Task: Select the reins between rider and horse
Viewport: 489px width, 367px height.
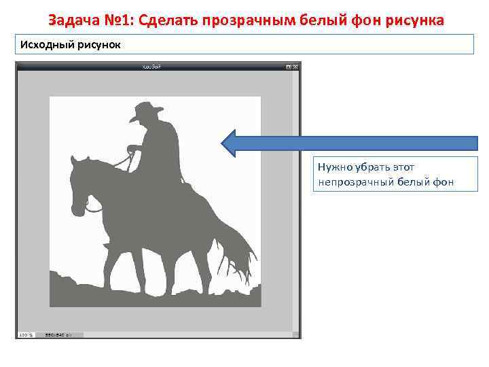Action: [122, 161]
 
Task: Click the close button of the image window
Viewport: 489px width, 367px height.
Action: [296, 67]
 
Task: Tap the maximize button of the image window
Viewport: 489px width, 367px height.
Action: [289, 67]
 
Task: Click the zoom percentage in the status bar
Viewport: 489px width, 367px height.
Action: [24, 334]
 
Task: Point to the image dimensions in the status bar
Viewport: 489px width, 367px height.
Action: [54, 334]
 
